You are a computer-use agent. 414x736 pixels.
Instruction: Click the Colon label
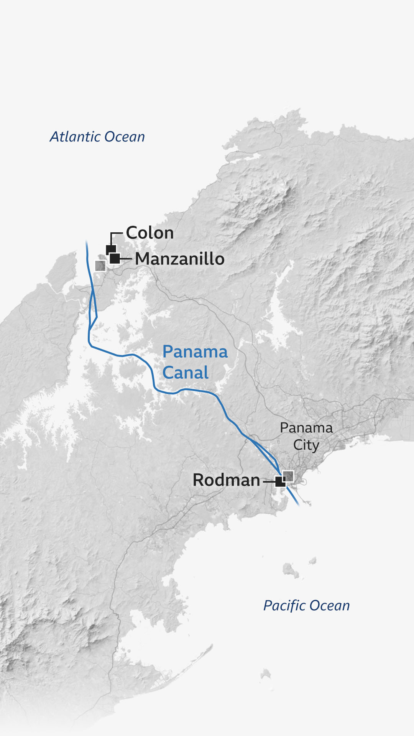(150, 233)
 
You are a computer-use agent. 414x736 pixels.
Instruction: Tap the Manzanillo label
(180, 259)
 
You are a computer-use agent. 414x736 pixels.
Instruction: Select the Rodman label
(226, 480)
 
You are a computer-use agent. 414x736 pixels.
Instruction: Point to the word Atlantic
(75, 137)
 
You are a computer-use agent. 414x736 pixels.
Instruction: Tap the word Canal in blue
(186, 373)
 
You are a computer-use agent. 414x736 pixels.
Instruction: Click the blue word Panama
(195, 352)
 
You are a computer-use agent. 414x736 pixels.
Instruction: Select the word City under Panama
(306, 445)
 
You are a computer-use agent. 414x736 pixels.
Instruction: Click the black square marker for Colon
(111, 250)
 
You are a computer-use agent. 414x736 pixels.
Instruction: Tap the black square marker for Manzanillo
(115, 258)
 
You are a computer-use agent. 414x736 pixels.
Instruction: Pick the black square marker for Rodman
(280, 481)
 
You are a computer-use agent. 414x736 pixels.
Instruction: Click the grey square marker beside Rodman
(288, 476)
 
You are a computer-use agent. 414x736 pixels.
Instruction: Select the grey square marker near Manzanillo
(100, 266)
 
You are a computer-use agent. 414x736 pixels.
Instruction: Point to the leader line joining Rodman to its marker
(269, 481)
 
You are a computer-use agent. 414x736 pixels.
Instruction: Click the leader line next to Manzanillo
(126, 259)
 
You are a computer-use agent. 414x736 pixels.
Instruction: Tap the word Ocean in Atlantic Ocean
(125, 137)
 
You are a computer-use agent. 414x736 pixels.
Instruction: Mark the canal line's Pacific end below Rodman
(299, 506)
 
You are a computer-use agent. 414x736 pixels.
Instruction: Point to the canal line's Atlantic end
(86, 242)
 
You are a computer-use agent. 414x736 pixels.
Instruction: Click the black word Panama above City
(306, 428)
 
